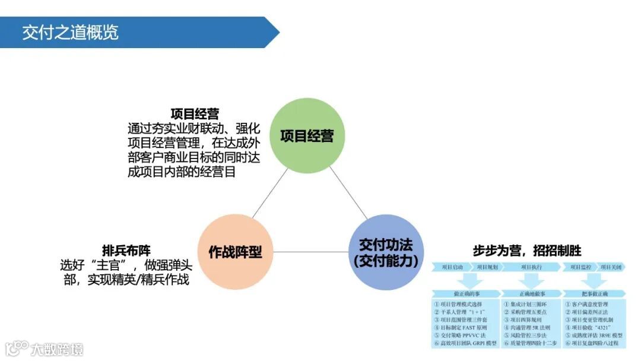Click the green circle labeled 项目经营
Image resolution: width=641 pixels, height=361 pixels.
[307, 136]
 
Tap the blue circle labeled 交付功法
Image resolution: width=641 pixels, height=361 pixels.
[386, 252]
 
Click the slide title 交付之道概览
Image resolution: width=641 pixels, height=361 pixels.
[70, 32]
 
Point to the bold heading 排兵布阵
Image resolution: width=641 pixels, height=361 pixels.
[126, 251]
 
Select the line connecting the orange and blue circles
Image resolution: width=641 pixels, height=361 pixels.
[310, 252]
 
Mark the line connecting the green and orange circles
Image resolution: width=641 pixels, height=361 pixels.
[270, 193]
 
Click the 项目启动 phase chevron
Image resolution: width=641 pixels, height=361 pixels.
[453, 267]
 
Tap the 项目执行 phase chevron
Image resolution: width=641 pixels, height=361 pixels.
[531, 267]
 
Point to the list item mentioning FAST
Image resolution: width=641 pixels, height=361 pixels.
[461, 327]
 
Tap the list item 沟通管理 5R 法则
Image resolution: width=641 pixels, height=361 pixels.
[527, 327]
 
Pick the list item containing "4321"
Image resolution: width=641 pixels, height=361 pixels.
[591, 327]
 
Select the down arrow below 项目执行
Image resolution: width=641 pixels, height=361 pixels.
[531, 280]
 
